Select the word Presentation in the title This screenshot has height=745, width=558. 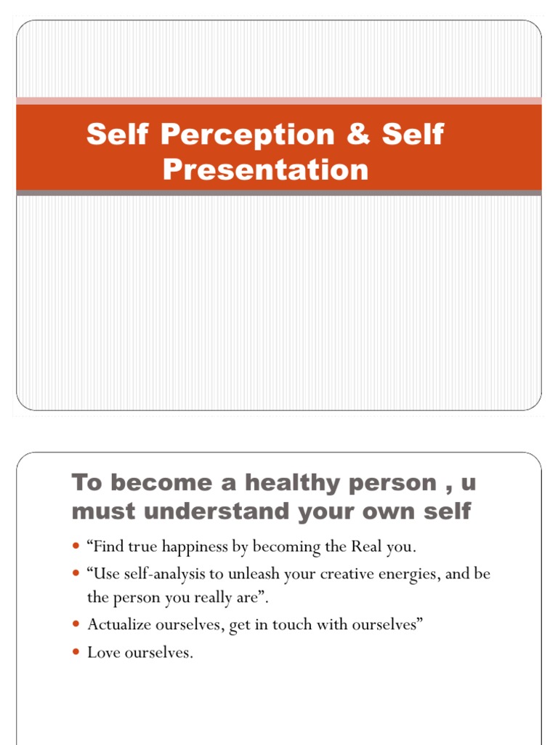coord(265,170)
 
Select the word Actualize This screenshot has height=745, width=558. coord(117,624)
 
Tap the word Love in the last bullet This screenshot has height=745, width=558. coord(102,653)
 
